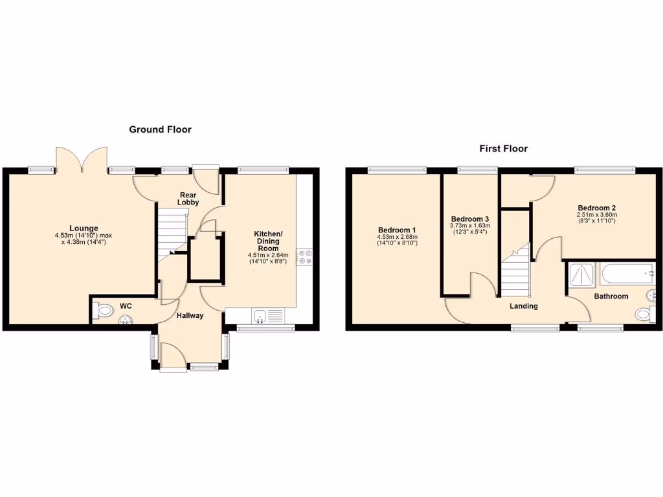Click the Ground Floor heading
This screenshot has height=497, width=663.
[x=160, y=129]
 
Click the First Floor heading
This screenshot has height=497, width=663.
[x=503, y=148]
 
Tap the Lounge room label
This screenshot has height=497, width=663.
[x=84, y=228]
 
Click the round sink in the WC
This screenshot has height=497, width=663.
[x=125, y=319]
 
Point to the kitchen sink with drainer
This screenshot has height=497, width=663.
[x=267, y=316]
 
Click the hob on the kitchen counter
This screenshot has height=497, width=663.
[x=304, y=257]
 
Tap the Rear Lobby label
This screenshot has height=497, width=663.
[x=188, y=198]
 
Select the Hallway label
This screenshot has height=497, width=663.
[x=190, y=316]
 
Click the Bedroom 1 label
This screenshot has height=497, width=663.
[x=397, y=230]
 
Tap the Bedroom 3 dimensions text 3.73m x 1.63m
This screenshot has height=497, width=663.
[x=470, y=226]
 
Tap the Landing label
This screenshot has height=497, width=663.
[x=523, y=306]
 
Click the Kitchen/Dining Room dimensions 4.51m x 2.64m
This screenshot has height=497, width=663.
[x=267, y=255]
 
